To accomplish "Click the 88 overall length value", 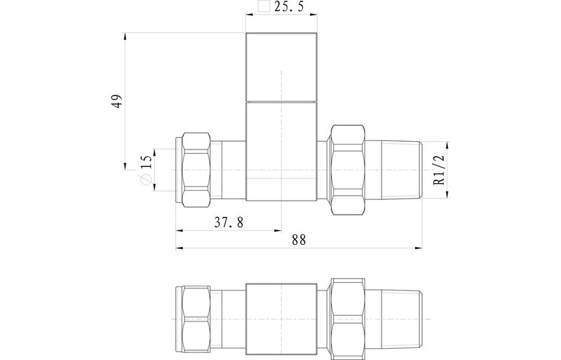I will [299, 239].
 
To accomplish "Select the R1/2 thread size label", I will [438, 171].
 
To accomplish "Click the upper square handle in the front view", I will [280, 67].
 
